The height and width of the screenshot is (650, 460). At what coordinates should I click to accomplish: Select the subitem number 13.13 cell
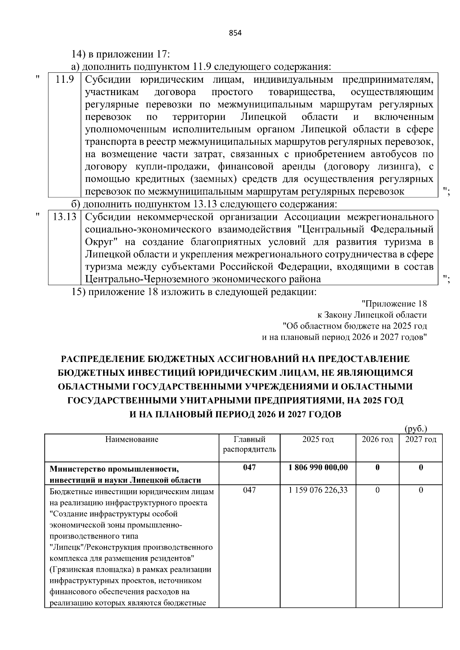[x=64, y=217]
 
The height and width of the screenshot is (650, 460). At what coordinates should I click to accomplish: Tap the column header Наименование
[x=131, y=439]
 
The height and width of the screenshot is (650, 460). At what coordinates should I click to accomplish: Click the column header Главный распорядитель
[x=249, y=444]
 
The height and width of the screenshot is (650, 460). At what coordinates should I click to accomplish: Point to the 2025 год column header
[x=317, y=439]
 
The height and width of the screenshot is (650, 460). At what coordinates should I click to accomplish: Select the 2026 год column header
[x=377, y=439]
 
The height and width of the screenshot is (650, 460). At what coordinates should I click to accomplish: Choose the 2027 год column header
[x=421, y=439]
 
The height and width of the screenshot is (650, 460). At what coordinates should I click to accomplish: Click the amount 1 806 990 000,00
[x=317, y=467]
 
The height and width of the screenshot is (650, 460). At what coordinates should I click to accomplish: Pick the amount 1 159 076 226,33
[x=317, y=490]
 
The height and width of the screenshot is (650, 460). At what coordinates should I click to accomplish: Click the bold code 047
[x=249, y=467]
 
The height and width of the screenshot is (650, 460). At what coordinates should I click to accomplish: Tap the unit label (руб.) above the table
[x=416, y=429]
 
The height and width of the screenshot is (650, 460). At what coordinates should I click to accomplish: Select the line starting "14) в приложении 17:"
[x=121, y=54]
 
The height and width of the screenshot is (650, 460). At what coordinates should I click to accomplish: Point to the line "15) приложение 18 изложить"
[x=194, y=292]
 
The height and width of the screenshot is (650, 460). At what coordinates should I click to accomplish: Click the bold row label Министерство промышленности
[x=115, y=468]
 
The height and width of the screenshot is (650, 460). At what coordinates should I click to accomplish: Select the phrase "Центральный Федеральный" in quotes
[x=366, y=229]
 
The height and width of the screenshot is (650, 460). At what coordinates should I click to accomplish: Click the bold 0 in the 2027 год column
[x=421, y=467]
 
